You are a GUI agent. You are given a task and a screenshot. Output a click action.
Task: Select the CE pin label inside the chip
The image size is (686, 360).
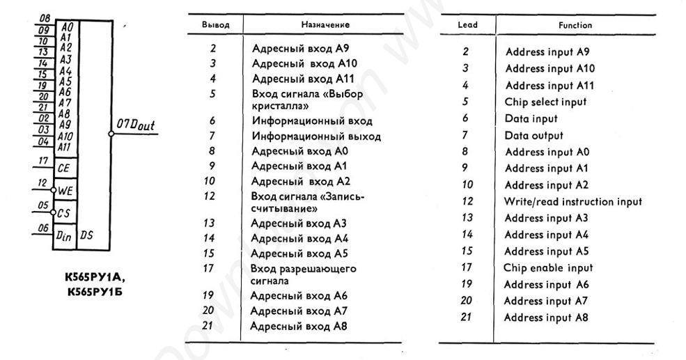(64, 168)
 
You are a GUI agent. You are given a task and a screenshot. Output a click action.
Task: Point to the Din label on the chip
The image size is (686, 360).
(64, 235)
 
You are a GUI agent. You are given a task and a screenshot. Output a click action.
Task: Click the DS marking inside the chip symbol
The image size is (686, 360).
(87, 236)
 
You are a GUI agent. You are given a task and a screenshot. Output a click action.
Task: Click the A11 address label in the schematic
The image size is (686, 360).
(65, 147)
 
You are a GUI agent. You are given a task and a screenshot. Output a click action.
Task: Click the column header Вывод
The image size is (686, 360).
(215, 24)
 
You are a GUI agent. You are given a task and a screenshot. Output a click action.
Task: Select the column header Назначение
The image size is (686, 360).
(325, 24)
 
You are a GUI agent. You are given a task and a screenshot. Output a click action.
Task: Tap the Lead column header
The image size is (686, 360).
(467, 24)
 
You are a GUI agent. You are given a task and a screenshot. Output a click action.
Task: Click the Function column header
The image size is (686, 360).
(575, 25)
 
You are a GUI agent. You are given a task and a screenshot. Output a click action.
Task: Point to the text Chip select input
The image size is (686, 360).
(545, 102)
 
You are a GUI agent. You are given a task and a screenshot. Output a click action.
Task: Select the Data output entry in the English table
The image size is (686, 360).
(533, 136)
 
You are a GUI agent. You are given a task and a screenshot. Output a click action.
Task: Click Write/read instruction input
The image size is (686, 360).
(572, 202)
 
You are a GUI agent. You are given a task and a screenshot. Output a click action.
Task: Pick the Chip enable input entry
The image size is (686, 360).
(548, 268)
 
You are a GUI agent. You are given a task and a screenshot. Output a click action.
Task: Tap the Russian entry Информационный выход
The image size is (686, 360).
(316, 136)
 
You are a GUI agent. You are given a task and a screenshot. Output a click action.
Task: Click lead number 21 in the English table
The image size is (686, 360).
(467, 318)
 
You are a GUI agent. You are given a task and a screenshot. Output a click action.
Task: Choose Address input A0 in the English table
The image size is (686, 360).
(547, 152)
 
